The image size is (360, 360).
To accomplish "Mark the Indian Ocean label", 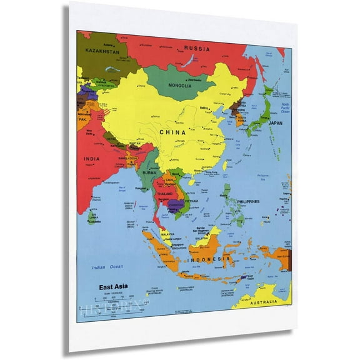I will (108, 267).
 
